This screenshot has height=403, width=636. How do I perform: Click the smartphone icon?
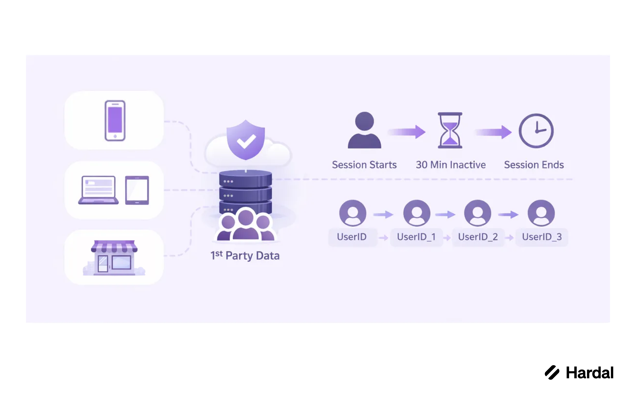point(115,121)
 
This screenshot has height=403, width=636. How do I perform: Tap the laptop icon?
point(98,190)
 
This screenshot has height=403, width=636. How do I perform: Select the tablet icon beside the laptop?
point(137,190)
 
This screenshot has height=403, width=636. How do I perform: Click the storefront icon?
point(114,258)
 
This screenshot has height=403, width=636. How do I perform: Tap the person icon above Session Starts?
point(364,130)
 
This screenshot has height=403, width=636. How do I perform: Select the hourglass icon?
point(450,130)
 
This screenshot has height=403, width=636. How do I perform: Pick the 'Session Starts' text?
point(364,165)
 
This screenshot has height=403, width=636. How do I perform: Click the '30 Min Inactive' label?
point(451,165)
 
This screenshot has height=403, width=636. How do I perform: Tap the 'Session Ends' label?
point(534,165)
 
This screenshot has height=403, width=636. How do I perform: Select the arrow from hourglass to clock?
point(493,132)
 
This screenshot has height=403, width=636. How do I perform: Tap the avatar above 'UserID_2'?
point(478,213)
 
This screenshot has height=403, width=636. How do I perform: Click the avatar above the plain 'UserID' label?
point(353,213)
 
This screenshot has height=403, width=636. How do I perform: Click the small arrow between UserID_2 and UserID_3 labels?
point(509,238)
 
